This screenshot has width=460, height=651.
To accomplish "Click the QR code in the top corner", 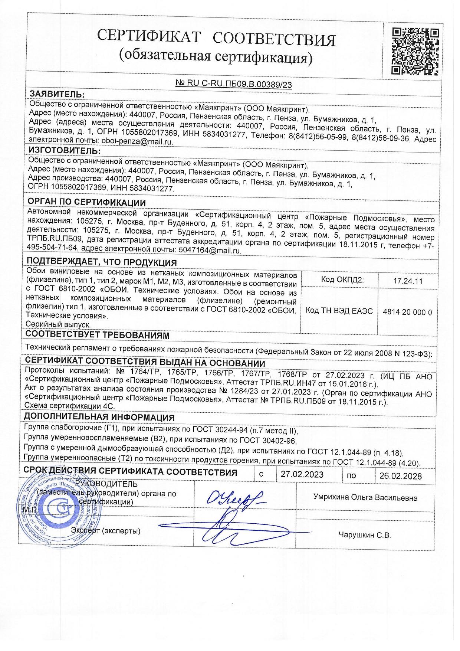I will coord(416,51).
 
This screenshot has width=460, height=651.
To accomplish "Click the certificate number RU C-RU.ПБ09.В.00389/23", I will coord(234,84).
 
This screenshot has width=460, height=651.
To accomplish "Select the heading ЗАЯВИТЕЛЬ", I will coord(57,93).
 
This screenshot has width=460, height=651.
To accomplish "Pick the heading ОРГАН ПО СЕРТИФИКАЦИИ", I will coord(87,202).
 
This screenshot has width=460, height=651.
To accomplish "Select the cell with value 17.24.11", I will coord(408,281).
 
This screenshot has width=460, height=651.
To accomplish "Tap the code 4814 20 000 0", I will coord(407,312).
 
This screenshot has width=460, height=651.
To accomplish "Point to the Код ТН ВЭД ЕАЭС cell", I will coord(339,311).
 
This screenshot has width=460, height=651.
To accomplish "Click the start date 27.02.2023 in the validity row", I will coord(302,475).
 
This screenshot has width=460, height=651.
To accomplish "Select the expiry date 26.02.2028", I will coord(400,476).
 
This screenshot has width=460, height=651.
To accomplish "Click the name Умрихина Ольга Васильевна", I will coord(365,498).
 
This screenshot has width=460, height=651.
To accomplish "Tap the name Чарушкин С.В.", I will coord(365,535).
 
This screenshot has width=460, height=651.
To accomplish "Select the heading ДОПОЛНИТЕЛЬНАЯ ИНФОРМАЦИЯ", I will coord(99,417).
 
